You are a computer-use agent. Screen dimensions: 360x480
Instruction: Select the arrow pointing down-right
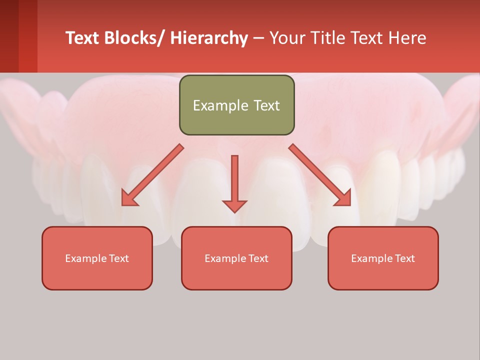point(320,175)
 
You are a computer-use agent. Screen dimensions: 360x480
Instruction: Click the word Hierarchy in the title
point(209,38)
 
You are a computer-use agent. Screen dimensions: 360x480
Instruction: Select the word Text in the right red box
point(405,258)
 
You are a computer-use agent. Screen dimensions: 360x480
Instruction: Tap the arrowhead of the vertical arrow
point(234,206)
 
